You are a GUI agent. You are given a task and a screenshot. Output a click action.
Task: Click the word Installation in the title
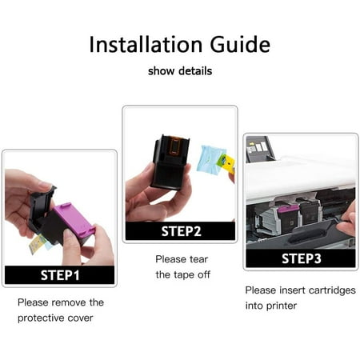click(x=146, y=44)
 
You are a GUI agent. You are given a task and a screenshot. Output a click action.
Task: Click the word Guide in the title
click(x=240, y=44)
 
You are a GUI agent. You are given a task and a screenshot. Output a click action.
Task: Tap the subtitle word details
click(x=195, y=71)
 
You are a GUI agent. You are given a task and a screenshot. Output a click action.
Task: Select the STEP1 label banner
click(x=60, y=275)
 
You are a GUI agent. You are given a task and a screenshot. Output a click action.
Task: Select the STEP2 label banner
click(x=181, y=231)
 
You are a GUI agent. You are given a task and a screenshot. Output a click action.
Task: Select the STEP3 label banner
click(x=301, y=258)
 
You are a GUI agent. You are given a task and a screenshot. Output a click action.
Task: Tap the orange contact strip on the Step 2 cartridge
click(x=174, y=146)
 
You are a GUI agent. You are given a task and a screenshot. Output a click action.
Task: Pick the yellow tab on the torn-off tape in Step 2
click(x=227, y=163)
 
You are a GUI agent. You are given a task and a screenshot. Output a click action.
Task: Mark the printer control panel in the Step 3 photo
click(x=259, y=149)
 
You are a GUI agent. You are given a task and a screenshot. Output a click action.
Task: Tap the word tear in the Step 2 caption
click(x=198, y=259)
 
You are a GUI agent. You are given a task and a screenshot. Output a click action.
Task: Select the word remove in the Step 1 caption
click(x=69, y=302)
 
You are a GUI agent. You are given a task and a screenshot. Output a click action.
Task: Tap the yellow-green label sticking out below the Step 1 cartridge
click(x=38, y=244)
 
